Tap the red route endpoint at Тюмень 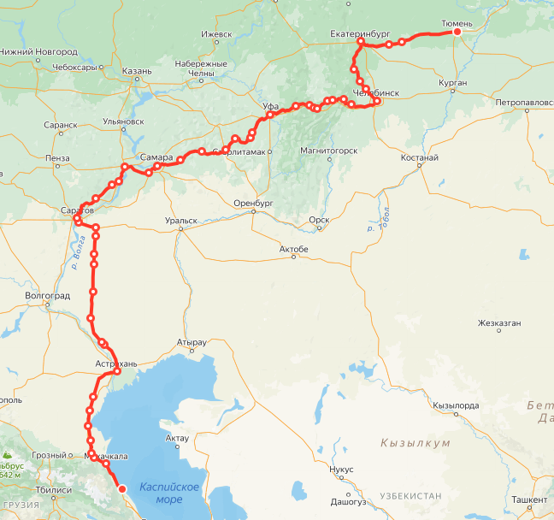tap(457, 32)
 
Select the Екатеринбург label tap(360, 34)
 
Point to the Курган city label tap(452, 83)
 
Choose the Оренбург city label tap(252, 204)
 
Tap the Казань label tap(137, 71)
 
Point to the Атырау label tap(191, 342)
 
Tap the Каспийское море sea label tap(170, 492)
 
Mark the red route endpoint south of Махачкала tap(121, 489)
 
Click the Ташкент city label tap(529, 499)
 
